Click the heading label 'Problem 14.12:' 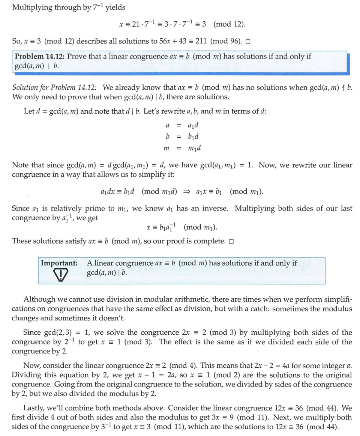pyautogui.click(x=40, y=57)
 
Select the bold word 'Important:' pyautogui.click(x=59, y=263)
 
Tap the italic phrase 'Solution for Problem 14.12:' pyautogui.click(x=54, y=88)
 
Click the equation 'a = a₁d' pyautogui.click(x=183, y=125)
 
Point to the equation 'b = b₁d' pyautogui.click(x=183, y=136)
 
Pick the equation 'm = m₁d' pyautogui.click(x=183, y=148)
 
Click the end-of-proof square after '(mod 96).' pyautogui.click(x=247, y=41)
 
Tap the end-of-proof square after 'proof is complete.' pyautogui.click(x=231, y=241)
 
